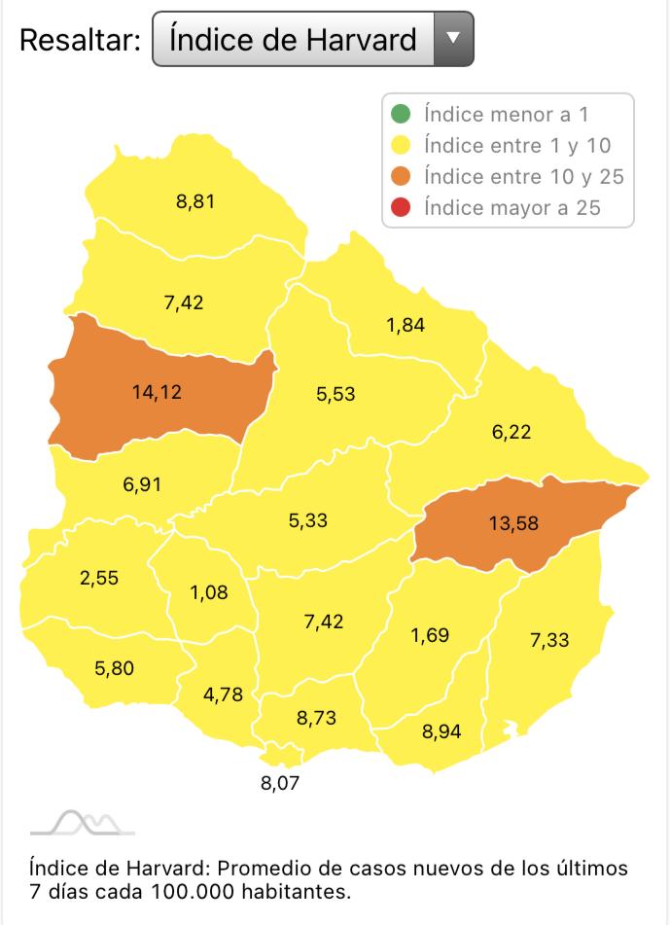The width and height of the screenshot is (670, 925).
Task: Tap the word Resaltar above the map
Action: click(80, 40)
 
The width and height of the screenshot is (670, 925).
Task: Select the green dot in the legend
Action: click(404, 115)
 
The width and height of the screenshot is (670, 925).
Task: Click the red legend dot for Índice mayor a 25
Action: click(404, 208)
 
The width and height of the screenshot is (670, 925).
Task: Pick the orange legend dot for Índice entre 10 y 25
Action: click(404, 177)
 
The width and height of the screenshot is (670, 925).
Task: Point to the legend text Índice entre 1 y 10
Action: click(516, 146)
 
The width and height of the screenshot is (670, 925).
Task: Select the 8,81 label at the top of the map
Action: click(194, 202)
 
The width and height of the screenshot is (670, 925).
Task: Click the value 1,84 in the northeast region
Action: click(406, 326)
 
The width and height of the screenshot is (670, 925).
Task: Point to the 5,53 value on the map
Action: click(335, 394)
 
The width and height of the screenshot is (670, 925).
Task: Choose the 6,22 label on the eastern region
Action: click(511, 432)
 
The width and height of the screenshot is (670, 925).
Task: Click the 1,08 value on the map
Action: click(209, 591)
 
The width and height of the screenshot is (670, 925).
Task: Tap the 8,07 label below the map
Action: click(279, 781)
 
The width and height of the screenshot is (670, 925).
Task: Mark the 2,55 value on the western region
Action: click(99, 577)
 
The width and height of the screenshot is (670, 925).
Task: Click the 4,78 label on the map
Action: click(223, 694)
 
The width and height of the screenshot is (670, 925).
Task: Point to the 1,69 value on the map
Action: click(429, 636)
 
